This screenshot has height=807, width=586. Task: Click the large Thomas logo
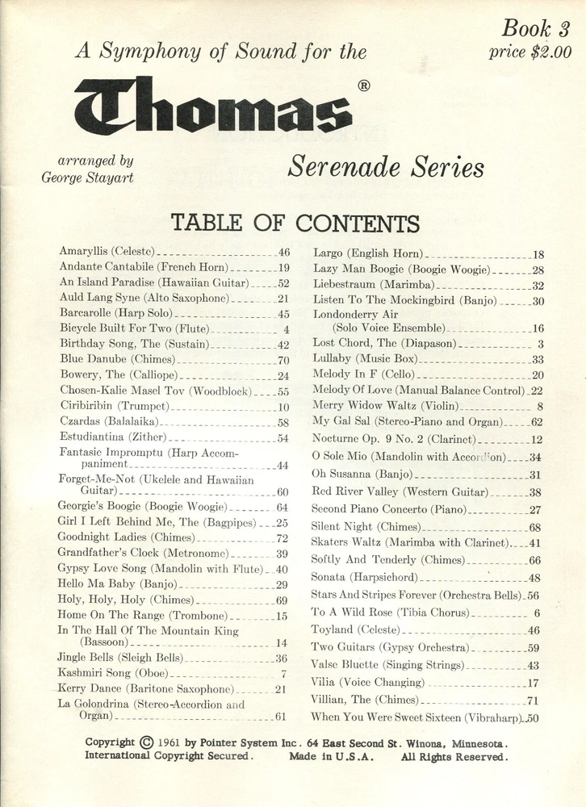click(x=213, y=106)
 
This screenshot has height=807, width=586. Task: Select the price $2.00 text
click(x=529, y=52)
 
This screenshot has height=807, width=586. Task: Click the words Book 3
click(x=535, y=29)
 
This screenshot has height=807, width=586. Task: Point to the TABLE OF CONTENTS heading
click(x=295, y=223)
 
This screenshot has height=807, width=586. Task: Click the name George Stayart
click(x=87, y=178)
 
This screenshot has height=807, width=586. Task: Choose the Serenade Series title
click(x=386, y=167)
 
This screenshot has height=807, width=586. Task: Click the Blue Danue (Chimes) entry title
click(x=117, y=359)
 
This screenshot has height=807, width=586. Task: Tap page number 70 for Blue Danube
click(x=283, y=360)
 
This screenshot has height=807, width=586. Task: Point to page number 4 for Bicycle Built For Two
click(x=286, y=329)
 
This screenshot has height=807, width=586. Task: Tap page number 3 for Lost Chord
click(x=540, y=344)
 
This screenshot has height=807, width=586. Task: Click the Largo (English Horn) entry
click(x=367, y=253)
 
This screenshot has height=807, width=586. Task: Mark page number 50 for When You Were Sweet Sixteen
click(x=532, y=717)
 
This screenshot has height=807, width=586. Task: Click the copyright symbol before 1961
click(x=146, y=742)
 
